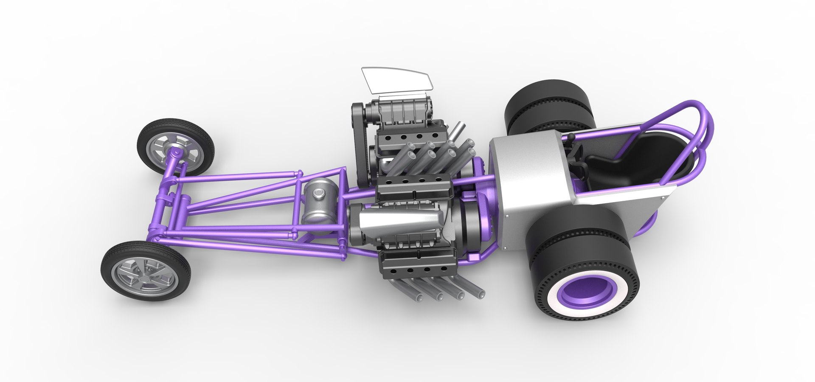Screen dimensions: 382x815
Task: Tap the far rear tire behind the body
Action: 548,106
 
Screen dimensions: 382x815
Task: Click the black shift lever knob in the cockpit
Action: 572,137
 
